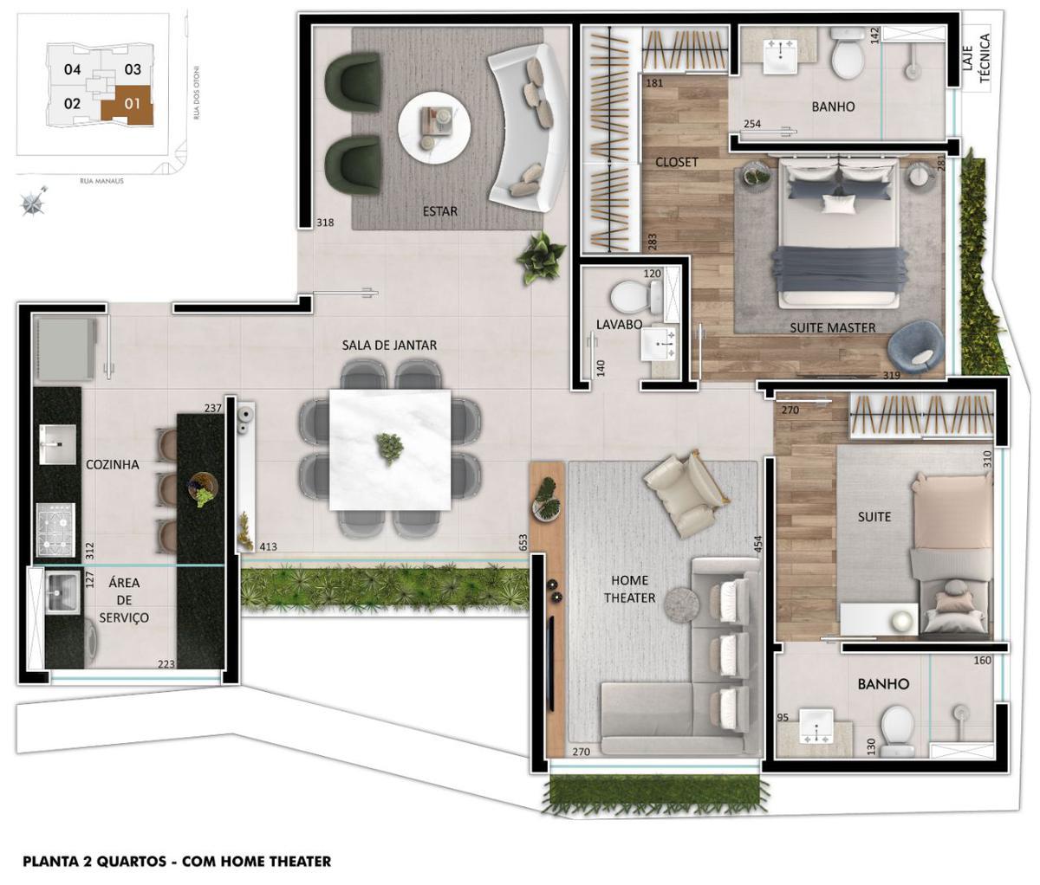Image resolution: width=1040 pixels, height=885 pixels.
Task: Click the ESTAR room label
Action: (440, 210)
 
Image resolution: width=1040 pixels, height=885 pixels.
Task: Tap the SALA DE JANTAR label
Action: (389, 345)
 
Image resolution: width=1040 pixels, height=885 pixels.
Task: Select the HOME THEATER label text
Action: (629, 589)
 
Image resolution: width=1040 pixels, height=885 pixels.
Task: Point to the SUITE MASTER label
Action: (832, 327)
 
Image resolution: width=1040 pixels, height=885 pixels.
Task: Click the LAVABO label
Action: (619, 324)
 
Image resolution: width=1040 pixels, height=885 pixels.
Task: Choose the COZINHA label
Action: (113, 464)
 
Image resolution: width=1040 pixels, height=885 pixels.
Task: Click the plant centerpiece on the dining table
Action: (389, 448)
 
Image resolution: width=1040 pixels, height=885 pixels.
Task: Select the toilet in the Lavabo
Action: (634, 296)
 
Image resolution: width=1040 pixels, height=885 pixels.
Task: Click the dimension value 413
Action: (268, 546)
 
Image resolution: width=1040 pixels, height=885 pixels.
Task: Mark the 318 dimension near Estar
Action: (325, 223)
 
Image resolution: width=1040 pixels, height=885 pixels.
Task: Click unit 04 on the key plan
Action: (73, 69)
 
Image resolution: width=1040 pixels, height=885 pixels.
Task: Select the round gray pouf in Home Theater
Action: (681, 603)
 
